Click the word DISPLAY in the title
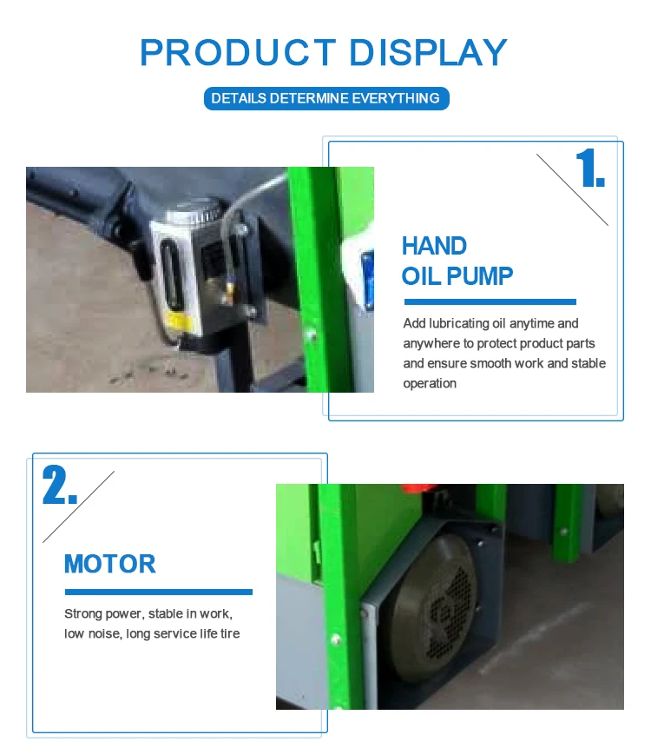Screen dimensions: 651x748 [429, 52]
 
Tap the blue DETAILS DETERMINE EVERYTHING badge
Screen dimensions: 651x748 [326, 98]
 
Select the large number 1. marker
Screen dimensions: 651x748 [590, 168]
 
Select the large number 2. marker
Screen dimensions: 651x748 [60, 485]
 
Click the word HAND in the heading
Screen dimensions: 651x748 [434, 246]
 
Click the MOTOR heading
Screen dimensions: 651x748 [110, 564]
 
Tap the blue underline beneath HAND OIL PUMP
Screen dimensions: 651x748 [490, 302]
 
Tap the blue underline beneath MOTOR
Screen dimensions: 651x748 [159, 592]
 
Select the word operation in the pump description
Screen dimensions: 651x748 [430, 383]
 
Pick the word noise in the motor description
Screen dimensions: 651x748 [105, 633]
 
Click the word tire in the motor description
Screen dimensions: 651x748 [230, 633]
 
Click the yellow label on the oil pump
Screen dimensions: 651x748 [179, 322]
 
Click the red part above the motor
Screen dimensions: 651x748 [411, 488]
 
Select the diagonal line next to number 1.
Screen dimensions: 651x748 [572, 189]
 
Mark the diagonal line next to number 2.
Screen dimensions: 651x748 [79, 506]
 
